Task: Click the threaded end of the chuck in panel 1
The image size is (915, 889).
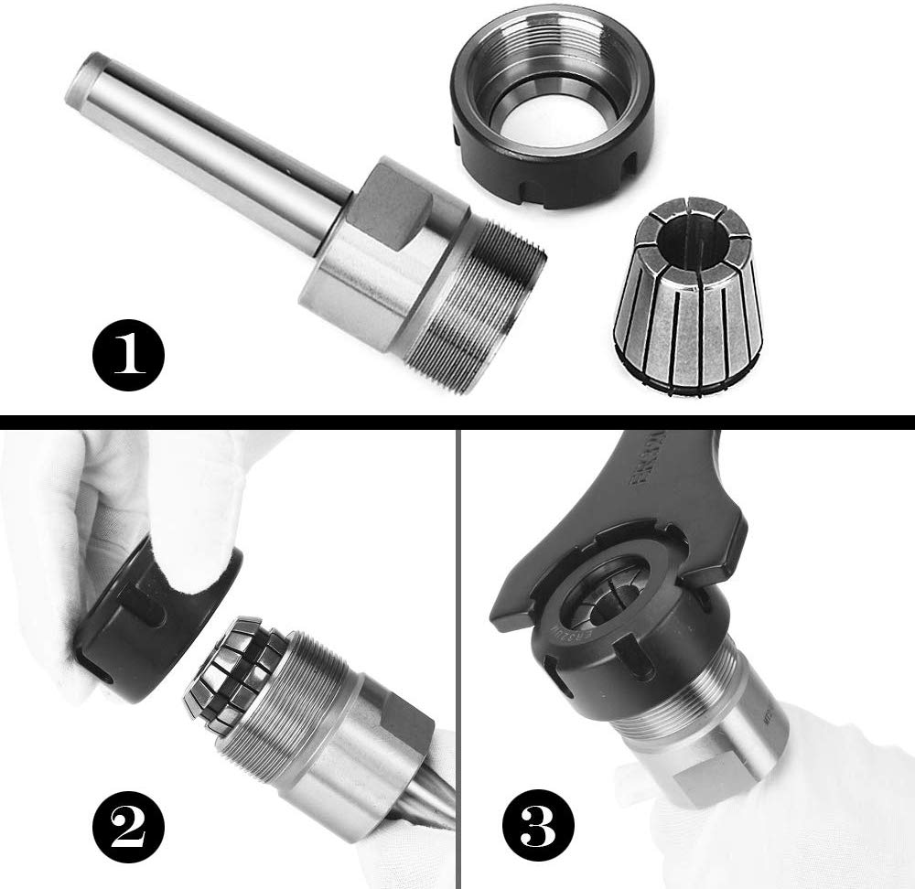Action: [485, 302]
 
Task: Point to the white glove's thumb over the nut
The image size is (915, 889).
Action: [197, 540]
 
